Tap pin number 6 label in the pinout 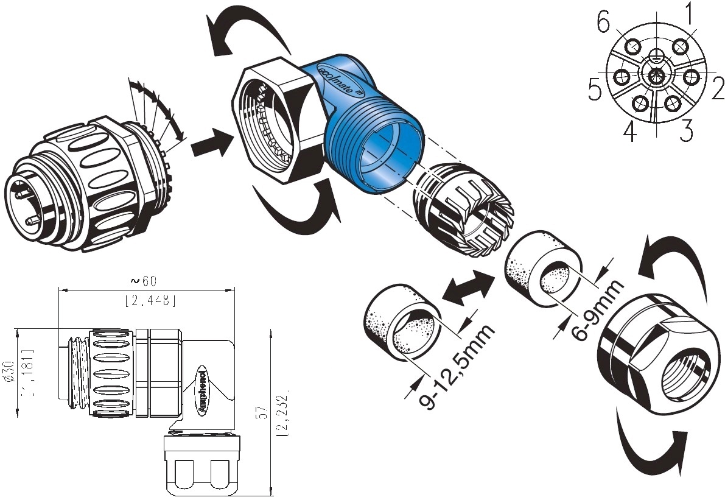(x=603, y=23)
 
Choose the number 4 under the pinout (x=629, y=130)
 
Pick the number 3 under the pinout (x=686, y=130)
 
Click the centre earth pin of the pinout (x=656, y=76)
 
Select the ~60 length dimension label (x=145, y=281)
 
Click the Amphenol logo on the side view (x=202, y=393)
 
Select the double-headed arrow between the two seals (x=467, y=287)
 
